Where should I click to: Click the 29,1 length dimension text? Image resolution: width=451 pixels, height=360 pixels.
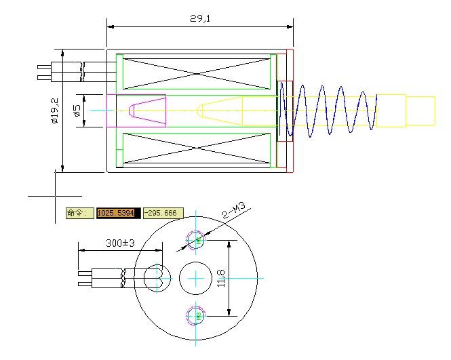(200, 19)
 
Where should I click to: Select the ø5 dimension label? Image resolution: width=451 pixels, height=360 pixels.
(77, 110)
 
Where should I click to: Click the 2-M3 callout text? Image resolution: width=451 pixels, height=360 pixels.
(235, 211)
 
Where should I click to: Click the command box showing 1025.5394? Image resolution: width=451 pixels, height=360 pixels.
(118, 213)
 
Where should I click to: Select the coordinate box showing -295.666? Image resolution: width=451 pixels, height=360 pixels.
(163, 213)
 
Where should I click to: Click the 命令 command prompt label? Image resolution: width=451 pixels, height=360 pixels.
(77, 213)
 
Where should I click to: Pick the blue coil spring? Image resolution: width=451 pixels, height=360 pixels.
(329, 110)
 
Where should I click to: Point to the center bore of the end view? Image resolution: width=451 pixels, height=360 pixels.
(196, 278)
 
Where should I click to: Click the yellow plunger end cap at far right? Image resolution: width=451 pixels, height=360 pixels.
(420, 111)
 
